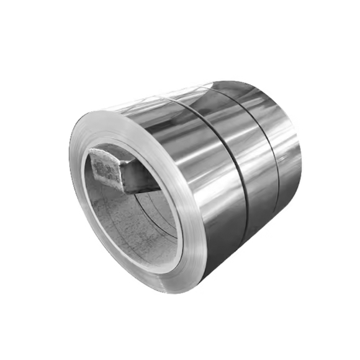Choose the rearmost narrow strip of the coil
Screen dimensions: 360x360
tap(282, 149)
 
